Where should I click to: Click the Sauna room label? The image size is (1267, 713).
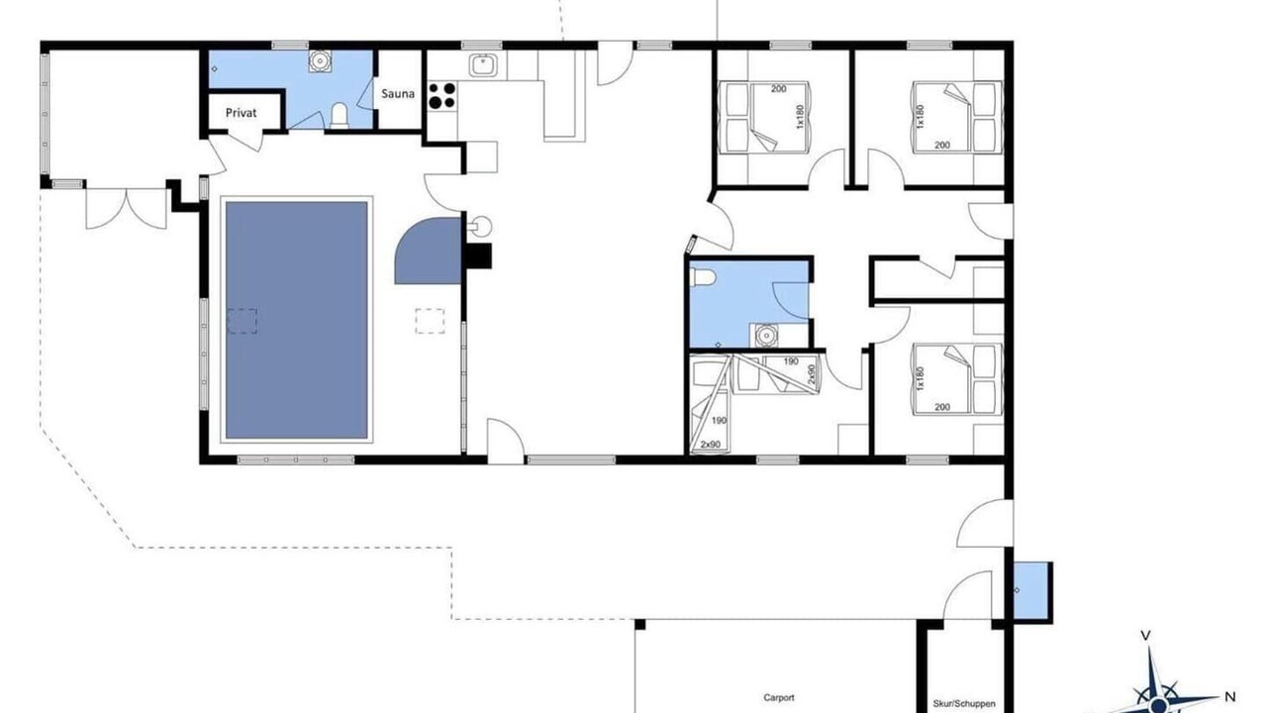tap(398, 93)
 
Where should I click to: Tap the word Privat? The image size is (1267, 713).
tap(241, 113)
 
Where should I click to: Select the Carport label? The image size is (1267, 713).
tap(779, 698)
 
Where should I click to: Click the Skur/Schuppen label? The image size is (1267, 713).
tap(964, 703)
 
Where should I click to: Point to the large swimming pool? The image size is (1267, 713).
tap(296, 320)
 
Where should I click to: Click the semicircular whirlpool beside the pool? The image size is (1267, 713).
tap(429, 251)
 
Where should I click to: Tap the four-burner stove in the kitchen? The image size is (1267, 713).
tap(441, 96)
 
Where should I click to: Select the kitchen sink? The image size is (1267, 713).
tap(482, 64)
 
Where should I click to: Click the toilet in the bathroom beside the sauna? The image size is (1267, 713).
tap(339, 116)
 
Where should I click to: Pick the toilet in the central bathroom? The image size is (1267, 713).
tap(703, 278)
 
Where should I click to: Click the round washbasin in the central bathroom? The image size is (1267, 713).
tap(765, 336)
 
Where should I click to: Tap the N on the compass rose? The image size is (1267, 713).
tap(1229, 696)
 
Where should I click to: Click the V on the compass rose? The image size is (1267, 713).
tap(1145, 636)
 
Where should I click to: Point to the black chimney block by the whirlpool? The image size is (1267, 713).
tap(478, 255)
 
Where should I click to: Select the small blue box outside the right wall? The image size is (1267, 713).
tap(1031, 591)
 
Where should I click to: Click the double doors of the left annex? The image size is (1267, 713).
tap(126, 208)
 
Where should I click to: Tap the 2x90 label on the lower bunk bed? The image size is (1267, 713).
tap(711, 445)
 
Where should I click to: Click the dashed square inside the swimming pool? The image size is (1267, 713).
tap(243, 321)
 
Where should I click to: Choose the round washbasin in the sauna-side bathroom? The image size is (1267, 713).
tap(320, 61)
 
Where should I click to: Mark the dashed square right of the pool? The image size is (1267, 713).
tap(430, 321)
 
